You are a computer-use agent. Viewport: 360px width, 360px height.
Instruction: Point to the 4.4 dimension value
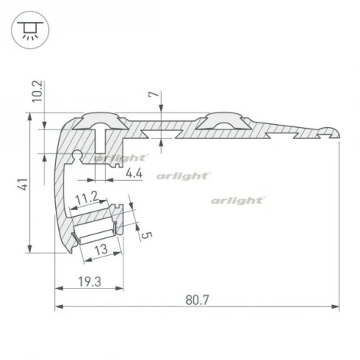tap(134, 173)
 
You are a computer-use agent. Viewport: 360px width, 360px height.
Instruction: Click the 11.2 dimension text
tap(88, 197)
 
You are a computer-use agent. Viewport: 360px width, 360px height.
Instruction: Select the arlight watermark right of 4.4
tap(183, 175)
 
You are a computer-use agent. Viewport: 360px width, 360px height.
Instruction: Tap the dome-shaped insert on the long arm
tap(220, 121)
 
